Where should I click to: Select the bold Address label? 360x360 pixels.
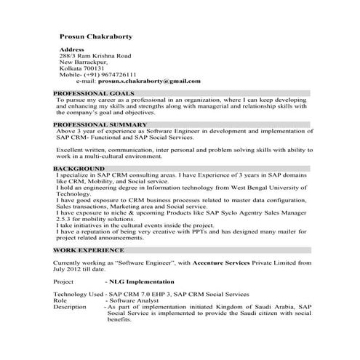click(71, 49)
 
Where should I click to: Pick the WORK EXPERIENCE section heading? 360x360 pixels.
click(87, 249)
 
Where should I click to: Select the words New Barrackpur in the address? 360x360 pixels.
click(82, 62)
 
